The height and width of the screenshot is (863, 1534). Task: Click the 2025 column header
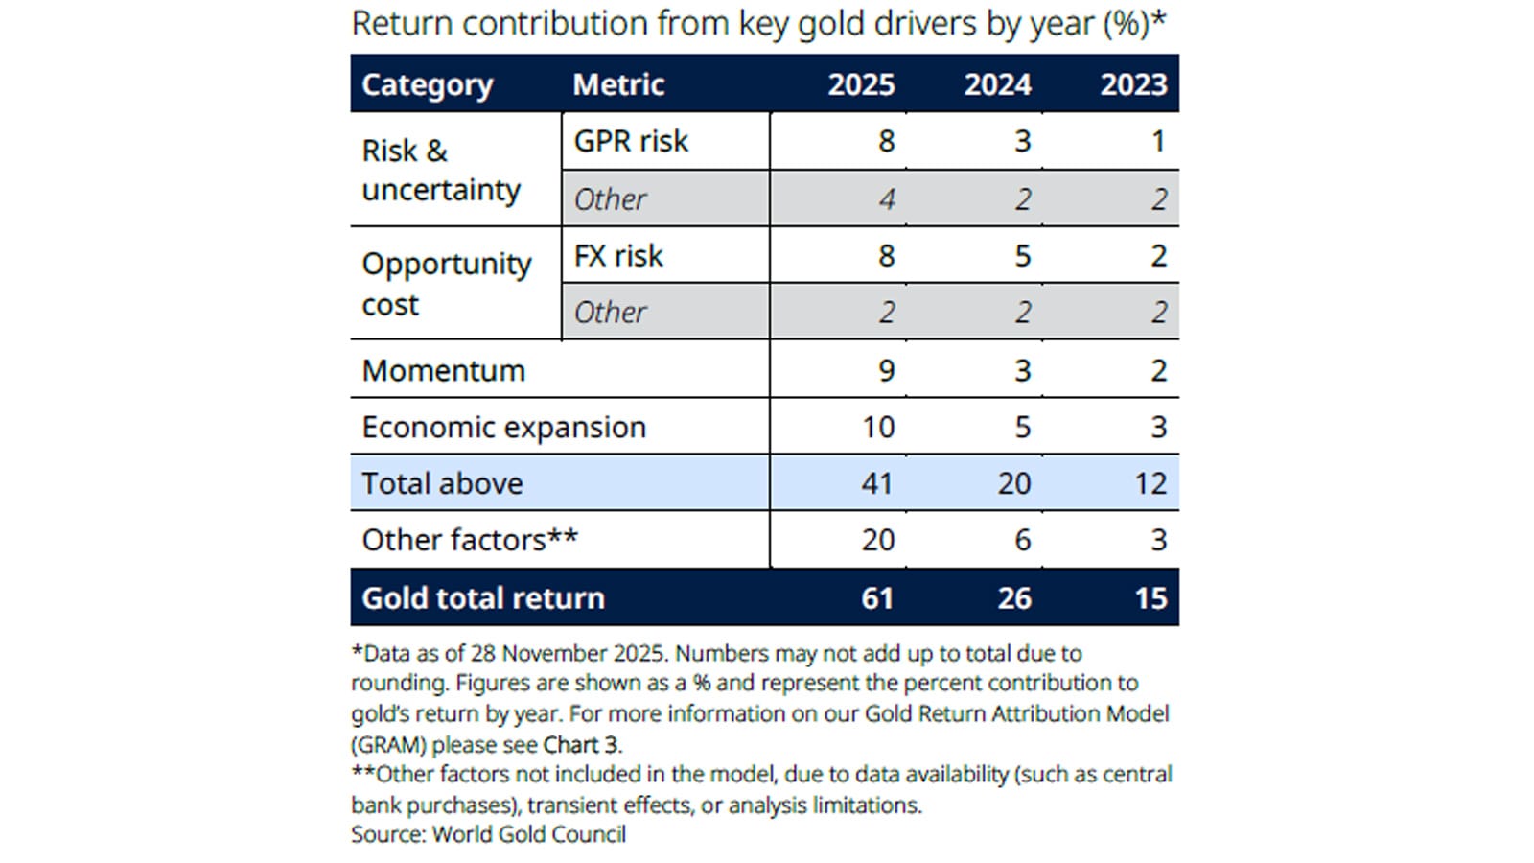tap(861, 84)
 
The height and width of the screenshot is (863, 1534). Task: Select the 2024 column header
tap(997, 84)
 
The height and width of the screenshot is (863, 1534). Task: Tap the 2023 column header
tap(1133, 84)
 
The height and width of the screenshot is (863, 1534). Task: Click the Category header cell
tap(427, 84)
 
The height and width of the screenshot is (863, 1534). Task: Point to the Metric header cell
tap(618, 84)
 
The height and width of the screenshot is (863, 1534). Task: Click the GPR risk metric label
tap(631, 141)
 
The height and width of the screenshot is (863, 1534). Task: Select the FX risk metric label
tap(618, 256)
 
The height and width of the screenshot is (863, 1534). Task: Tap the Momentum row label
tap(443, 370)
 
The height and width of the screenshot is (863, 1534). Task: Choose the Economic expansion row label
tap(503, 427)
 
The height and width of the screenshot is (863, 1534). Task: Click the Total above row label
tap(442, 483)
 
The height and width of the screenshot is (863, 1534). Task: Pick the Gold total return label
tap(483, 597)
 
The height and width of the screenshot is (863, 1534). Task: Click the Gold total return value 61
tap(877, 597)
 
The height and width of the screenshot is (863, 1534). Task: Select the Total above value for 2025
tap(877, 483)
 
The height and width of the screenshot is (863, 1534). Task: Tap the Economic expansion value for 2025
tap(878, 427)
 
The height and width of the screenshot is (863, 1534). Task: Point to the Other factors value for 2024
tap(1022, 540)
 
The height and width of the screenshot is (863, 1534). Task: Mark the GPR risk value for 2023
tap(1158, 141)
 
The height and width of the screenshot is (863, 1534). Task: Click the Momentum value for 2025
tap(886, 370)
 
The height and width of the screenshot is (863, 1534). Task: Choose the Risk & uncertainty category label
tap(440, 170)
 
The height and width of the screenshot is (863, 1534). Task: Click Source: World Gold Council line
tap(488, 834)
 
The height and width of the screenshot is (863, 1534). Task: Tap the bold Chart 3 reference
tap(581, 744)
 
